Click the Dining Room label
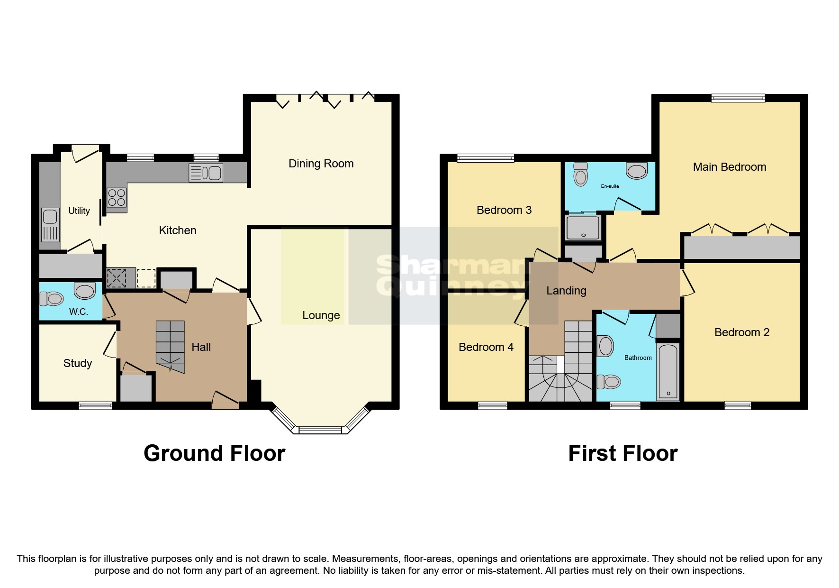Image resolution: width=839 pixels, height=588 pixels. (321, 164)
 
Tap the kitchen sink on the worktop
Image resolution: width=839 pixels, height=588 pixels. (206, 173)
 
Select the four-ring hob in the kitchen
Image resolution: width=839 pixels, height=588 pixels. (117, 198)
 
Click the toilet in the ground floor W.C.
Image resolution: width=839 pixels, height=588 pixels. (52, 298)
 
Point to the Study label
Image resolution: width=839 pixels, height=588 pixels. (77, 363)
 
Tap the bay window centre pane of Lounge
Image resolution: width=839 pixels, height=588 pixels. (320, 430)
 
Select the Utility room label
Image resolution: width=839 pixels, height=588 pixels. (79, 211)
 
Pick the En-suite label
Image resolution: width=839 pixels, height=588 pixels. (610, 186)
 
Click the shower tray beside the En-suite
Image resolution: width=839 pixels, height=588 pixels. (583, 228)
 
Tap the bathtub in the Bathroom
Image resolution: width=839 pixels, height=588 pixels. (668, 371)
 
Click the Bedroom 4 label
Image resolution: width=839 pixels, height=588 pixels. (486, 347)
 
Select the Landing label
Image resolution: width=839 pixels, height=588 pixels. (566, 291)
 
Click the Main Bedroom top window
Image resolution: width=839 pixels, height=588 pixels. (738, 98)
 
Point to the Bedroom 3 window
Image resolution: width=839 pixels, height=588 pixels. (485, 158)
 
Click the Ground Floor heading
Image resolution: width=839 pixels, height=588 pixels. (214, 453)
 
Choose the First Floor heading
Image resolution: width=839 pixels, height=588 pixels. (622, 453)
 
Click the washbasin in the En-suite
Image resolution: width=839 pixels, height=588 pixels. (636, 171)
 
